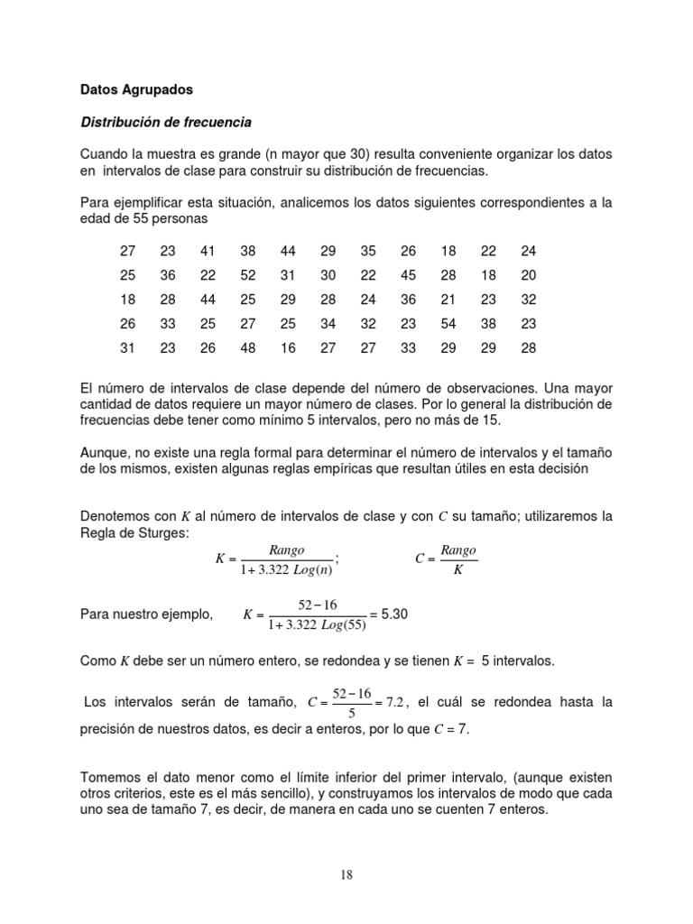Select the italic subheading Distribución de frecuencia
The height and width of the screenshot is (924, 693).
[166, 121]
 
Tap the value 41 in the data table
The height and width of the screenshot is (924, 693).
[207, 252]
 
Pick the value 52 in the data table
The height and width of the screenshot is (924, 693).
[247, 275]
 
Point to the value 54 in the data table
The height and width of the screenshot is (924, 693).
[448, 324]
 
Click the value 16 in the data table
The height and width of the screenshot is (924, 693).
[287, 348]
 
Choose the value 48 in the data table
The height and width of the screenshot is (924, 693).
[247, 348]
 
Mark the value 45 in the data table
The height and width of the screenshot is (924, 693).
[408, 275]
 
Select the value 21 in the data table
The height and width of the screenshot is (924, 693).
[448, 300]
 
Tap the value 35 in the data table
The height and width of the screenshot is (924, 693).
[367, 252]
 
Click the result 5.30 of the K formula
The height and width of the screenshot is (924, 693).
[395, 614]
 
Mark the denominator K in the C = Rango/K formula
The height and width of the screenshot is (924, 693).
[458, 568]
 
